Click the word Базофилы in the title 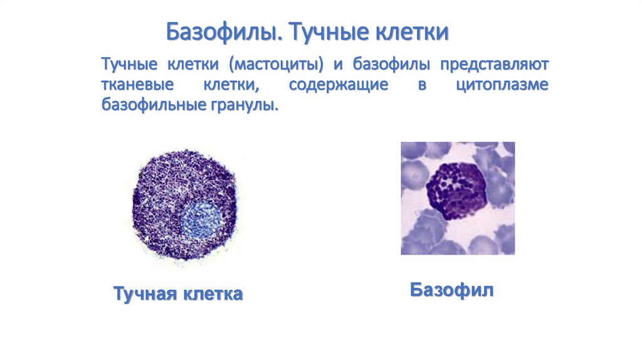tap(224, 32)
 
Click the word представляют tap(494, 65)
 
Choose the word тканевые tap(137, 85)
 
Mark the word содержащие tap(338, 85)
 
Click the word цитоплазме tap(502, 85)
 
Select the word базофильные tap(153, 105)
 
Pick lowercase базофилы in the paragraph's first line tap(391, 65)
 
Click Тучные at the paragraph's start tap(129, 65)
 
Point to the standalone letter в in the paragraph tap(422, 85)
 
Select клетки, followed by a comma tap(231, 85)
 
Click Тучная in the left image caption tap(145, 294)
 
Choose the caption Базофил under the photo tap(451, 290)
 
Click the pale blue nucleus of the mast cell tap(203, 220)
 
